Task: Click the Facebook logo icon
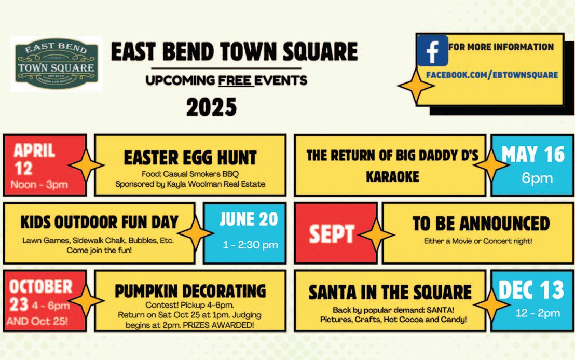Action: click(x=432, y=51)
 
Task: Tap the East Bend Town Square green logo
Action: click(x=57, y=64)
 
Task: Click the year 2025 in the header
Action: click(x=211, y=107)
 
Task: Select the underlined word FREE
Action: click(x=235, y=80)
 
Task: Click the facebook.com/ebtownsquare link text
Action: click(x=492, y=75)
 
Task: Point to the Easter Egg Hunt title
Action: click(x=190, y=158)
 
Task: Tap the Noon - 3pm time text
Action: click(x=39, y=184)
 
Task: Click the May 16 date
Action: click(x=533, y=155)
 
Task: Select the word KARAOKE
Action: click(x=392, y=177)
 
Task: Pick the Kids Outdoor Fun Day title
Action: click(x=99, y=222)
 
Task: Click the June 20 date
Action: click(x=249, y=219)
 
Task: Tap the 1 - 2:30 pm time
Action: click(x=250, y=244)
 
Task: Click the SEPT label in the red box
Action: click(x=332, y=233)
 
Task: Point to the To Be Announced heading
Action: click(x=481, y=224)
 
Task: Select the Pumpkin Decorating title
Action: click(x=190, y=291)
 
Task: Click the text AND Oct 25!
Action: click(x=37, y=321)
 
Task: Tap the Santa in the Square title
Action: click(x=390, y=292)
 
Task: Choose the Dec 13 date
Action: click(x=531, y=290)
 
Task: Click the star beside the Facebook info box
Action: click(x=416, y=86)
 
